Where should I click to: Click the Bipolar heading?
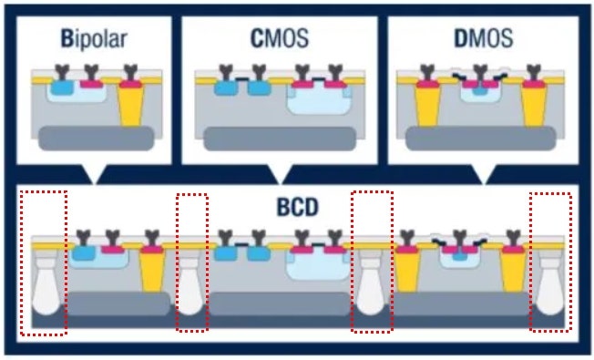(94, 38)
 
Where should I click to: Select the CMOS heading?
(280, 38)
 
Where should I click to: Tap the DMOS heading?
(484, 38)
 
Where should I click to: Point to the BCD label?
(297, 207)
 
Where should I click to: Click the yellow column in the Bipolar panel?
(131, 106)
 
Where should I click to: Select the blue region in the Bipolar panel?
(62, 87)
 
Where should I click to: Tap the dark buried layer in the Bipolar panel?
(97, 139)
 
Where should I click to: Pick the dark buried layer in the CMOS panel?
(280, 139)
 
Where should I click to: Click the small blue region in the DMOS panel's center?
(480, 91)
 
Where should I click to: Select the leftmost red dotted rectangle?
(44, 263)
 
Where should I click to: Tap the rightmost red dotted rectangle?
(550, 262)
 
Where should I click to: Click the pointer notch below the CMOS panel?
(281, 175)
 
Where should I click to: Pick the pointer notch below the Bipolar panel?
(95, 175)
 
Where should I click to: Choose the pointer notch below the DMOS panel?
(484, 175)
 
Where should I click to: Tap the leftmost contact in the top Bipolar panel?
(62, 72)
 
